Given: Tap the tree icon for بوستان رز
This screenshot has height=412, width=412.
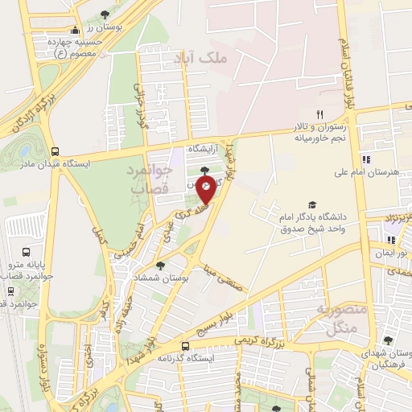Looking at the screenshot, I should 107,14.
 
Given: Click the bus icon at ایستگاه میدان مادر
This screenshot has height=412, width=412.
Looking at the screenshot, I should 55,150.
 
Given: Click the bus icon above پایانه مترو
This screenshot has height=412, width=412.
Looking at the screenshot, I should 27,252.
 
